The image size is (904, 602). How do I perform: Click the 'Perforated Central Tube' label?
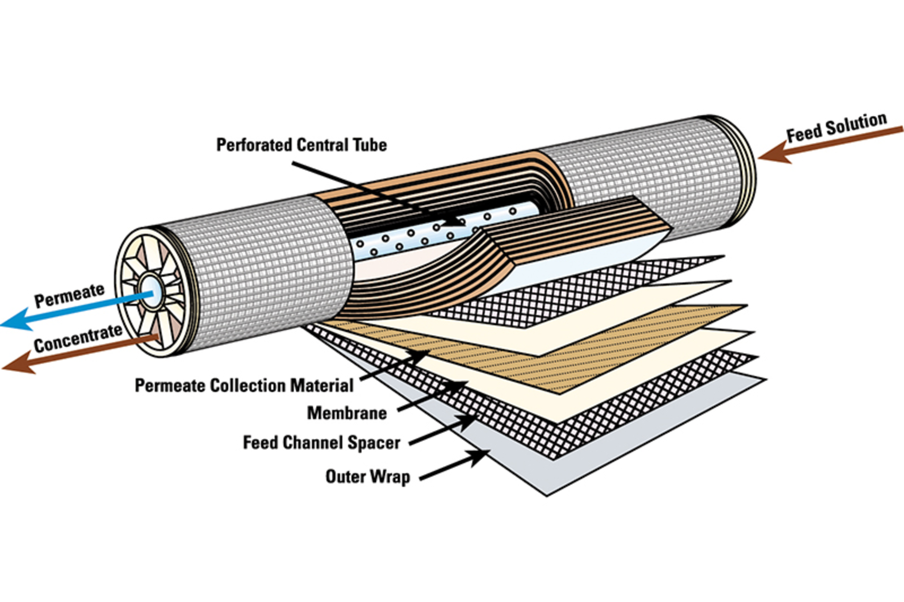[301, 144]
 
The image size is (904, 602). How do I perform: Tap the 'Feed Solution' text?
[836, 127]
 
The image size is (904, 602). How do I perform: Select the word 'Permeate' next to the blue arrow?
[69, 295]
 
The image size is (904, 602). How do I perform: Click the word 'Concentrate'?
[78, 338]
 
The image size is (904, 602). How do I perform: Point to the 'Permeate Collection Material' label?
[244, 385]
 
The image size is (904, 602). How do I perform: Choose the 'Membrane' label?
[347, 413]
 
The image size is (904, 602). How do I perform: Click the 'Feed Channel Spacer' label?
[322, 442]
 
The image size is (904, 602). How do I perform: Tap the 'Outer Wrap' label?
[368, 476]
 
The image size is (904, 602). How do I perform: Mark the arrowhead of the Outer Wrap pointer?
[480, 457]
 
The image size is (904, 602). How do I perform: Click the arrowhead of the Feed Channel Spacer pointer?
[468, 421]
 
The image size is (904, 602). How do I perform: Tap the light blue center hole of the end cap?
[152, 288]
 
